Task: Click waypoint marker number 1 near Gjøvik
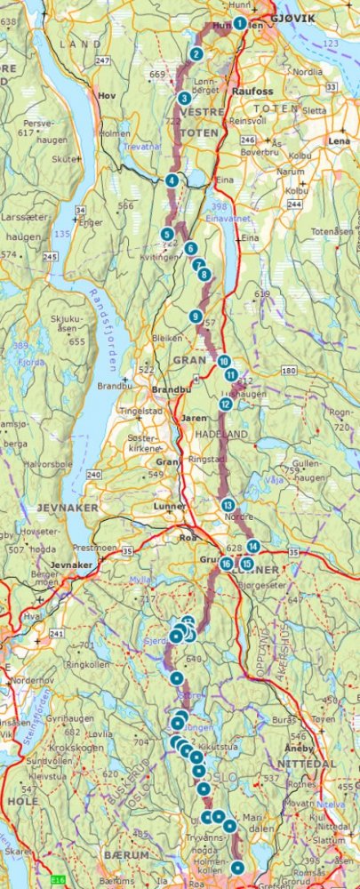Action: pyautogui.click(x=239, y=23)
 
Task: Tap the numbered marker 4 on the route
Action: pyautogui.click(x=172, y=180)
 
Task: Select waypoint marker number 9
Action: pyautogui.click(x=195, y=316)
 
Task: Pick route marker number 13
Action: pyautogui.click(x=228, y=505)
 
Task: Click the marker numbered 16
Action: pyautogui.click(x=227, y=564)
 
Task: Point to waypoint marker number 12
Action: pyautogui.click(x=226, y=404)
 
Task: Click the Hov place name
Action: pyautogui.click(x=108, y=92)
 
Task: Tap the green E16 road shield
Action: pyautogui.click(x=59, y=881)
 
